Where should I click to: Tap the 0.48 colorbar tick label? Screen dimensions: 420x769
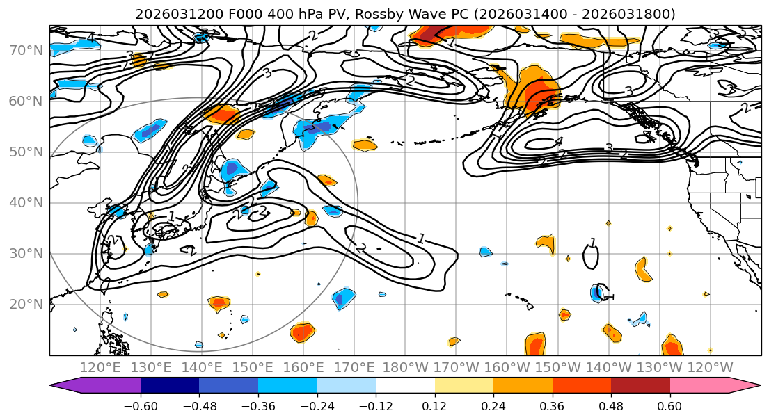click(611, 405)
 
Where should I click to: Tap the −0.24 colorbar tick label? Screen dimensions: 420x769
click(317, 405)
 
